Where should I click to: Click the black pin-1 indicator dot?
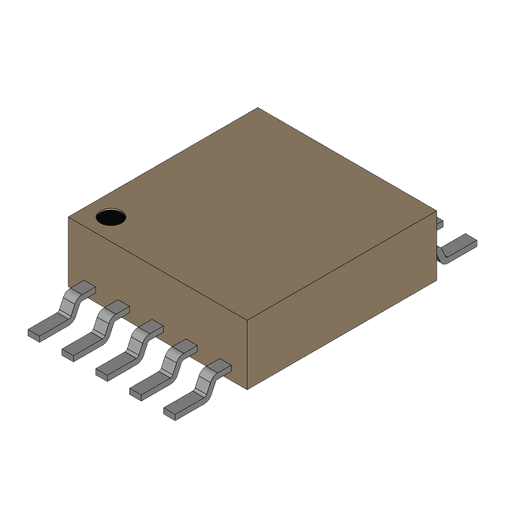(x=111, y=216)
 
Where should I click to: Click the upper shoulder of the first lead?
(x=80, y=290)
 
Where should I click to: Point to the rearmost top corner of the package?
(x=258, y=109)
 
